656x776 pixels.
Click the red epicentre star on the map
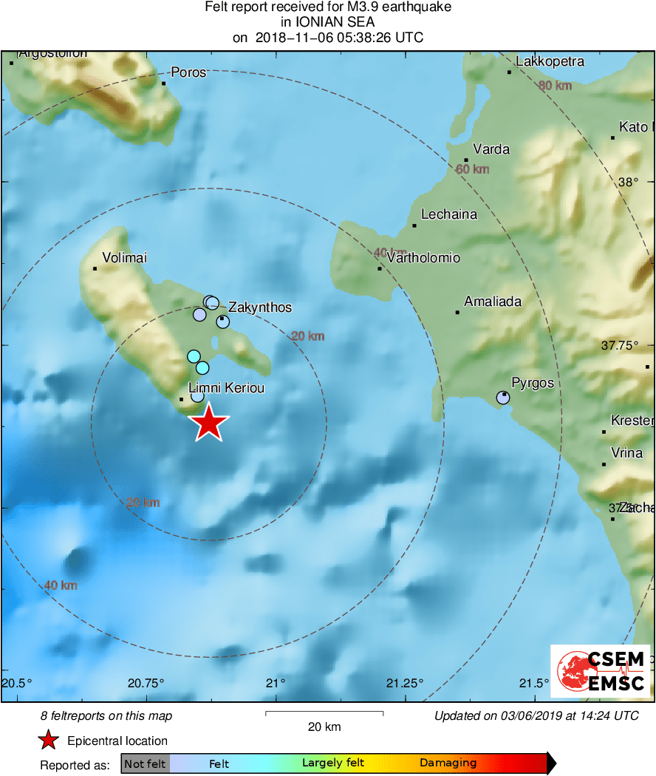(x=209, y=423)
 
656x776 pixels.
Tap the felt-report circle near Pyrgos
(x=503, y=398)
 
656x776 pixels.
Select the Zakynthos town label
(x=260, y=307)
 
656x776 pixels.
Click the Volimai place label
(x=125, y=258)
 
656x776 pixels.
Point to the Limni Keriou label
(x=227, y=388)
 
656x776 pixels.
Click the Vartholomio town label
(x=423, y=258)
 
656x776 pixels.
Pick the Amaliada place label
(x=493, y=302)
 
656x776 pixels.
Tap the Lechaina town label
(x=449, y=215)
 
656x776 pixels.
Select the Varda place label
(x=491, y=149)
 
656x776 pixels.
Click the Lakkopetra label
(x=550, y=61)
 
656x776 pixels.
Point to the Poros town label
(x=188, y=72)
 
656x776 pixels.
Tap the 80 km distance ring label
(x=556, y=86)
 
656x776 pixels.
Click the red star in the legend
(x=49, y=741)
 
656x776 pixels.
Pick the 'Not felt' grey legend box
(x=145, y=763)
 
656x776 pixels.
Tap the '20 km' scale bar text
(x=324, y=727)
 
